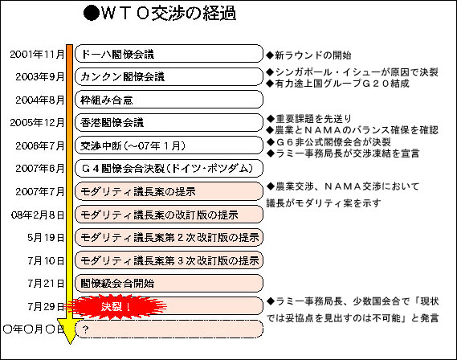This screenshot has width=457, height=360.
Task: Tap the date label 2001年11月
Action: coord(37,54)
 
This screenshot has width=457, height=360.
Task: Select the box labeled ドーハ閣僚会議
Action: coord(169,54)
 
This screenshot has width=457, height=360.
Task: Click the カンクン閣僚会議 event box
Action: coord(169,76)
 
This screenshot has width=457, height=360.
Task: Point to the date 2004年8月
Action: coord(40,100)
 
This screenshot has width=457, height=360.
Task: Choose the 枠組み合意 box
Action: coord(169,100)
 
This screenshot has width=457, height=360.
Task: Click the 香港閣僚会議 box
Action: coord(169,122)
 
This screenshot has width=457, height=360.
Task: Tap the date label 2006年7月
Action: coord(40,145)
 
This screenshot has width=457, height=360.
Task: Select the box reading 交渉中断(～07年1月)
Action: coord(169,145)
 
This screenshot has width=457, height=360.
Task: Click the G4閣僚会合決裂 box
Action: coord(169,168)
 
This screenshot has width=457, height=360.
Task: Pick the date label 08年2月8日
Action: coord(38,215)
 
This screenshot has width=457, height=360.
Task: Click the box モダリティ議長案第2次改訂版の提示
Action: coord(169,237)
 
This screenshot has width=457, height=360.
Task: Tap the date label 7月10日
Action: coord(46,260)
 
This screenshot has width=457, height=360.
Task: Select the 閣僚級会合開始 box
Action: coord(169,283)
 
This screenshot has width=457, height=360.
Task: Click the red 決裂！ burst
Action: coord(116,306)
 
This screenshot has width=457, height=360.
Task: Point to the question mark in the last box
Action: coord(85,329)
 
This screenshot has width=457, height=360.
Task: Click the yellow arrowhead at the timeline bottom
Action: coord(69,332)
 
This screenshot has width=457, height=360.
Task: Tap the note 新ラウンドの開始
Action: coord(309,55)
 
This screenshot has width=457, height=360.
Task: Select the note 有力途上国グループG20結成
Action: coord(338,84)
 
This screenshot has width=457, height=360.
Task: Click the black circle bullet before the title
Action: coord(92,14)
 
